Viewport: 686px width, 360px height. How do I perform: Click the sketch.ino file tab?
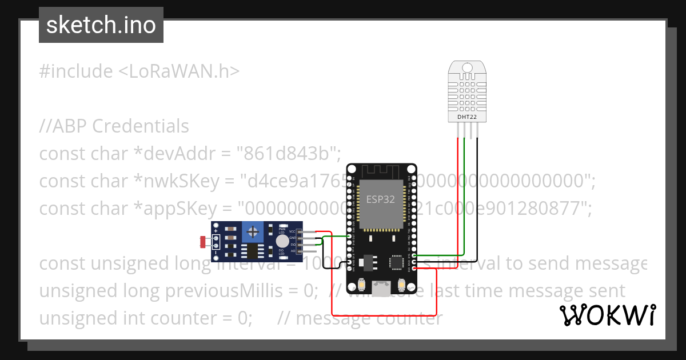[x=101, y=25]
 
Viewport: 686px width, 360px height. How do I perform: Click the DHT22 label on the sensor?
[x=467, y=117]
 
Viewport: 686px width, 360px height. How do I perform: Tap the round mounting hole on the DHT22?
[x=467, y=67]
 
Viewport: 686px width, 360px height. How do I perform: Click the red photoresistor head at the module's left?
[x=204, y=242]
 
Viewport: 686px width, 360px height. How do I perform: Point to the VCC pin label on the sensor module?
[x=292, y=231]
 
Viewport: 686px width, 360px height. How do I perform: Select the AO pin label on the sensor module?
[x=293, y=250]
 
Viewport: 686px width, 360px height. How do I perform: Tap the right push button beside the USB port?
[x=401, y=284]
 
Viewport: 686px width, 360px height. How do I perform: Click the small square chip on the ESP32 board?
[x=396, y=262]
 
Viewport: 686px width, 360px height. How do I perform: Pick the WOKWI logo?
[x=608, y=315]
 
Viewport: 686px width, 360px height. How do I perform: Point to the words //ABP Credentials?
[x=114, y=126]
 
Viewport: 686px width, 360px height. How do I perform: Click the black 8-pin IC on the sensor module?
[x=250, y=251]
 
